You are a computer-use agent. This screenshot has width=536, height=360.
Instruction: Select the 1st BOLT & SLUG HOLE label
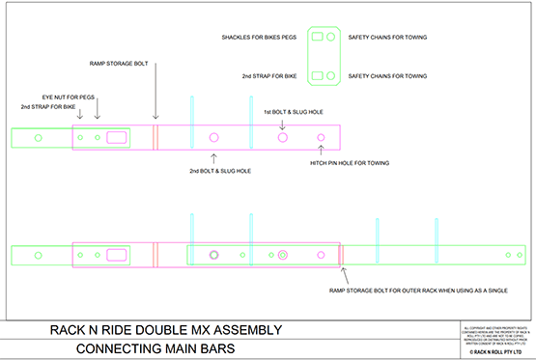tap(293, 112)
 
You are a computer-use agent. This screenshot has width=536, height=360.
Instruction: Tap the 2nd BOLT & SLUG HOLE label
tap(220, 171)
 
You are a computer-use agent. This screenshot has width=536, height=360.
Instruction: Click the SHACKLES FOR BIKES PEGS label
tap(257, 38)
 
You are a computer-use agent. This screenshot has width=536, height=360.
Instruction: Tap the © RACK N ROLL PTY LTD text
tap(494, 353)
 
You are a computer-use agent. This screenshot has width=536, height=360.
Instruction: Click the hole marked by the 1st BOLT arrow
tap(283, 138)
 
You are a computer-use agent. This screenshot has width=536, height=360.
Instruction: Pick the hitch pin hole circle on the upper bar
tap(322, 138)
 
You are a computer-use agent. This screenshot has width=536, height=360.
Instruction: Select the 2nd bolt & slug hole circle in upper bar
tap(213, 138)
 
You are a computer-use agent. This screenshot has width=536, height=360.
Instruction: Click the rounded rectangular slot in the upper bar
tap(117, 138)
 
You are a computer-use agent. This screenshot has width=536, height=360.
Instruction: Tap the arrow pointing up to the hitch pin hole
tap(322, 152)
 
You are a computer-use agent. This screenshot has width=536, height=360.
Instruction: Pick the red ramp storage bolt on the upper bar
tap(155, 138)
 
